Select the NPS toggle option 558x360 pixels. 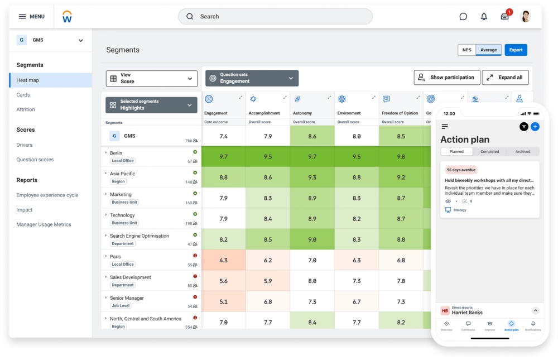[466, 50]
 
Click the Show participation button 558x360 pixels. [445, 78]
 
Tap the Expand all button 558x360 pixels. [504, 78]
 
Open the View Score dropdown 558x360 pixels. [152, 79]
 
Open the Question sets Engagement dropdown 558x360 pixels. [252, 78]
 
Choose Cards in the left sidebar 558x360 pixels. [23, 95]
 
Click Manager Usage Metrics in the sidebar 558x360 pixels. [44, 224]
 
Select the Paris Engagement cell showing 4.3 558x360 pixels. [223, 261]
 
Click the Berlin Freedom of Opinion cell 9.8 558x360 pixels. [401, 157]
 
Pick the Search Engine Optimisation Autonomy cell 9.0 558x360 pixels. [312, 239]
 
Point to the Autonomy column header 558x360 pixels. [302, 113]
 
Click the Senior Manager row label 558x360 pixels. [127, 298]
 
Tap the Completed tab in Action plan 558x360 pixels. [489, 151]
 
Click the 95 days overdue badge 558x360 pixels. [461, 170]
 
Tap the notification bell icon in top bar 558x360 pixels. [484, 17]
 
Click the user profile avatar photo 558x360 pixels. [525, 17]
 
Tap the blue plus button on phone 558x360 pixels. [535, 127]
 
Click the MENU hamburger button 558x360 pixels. [31, 17]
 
